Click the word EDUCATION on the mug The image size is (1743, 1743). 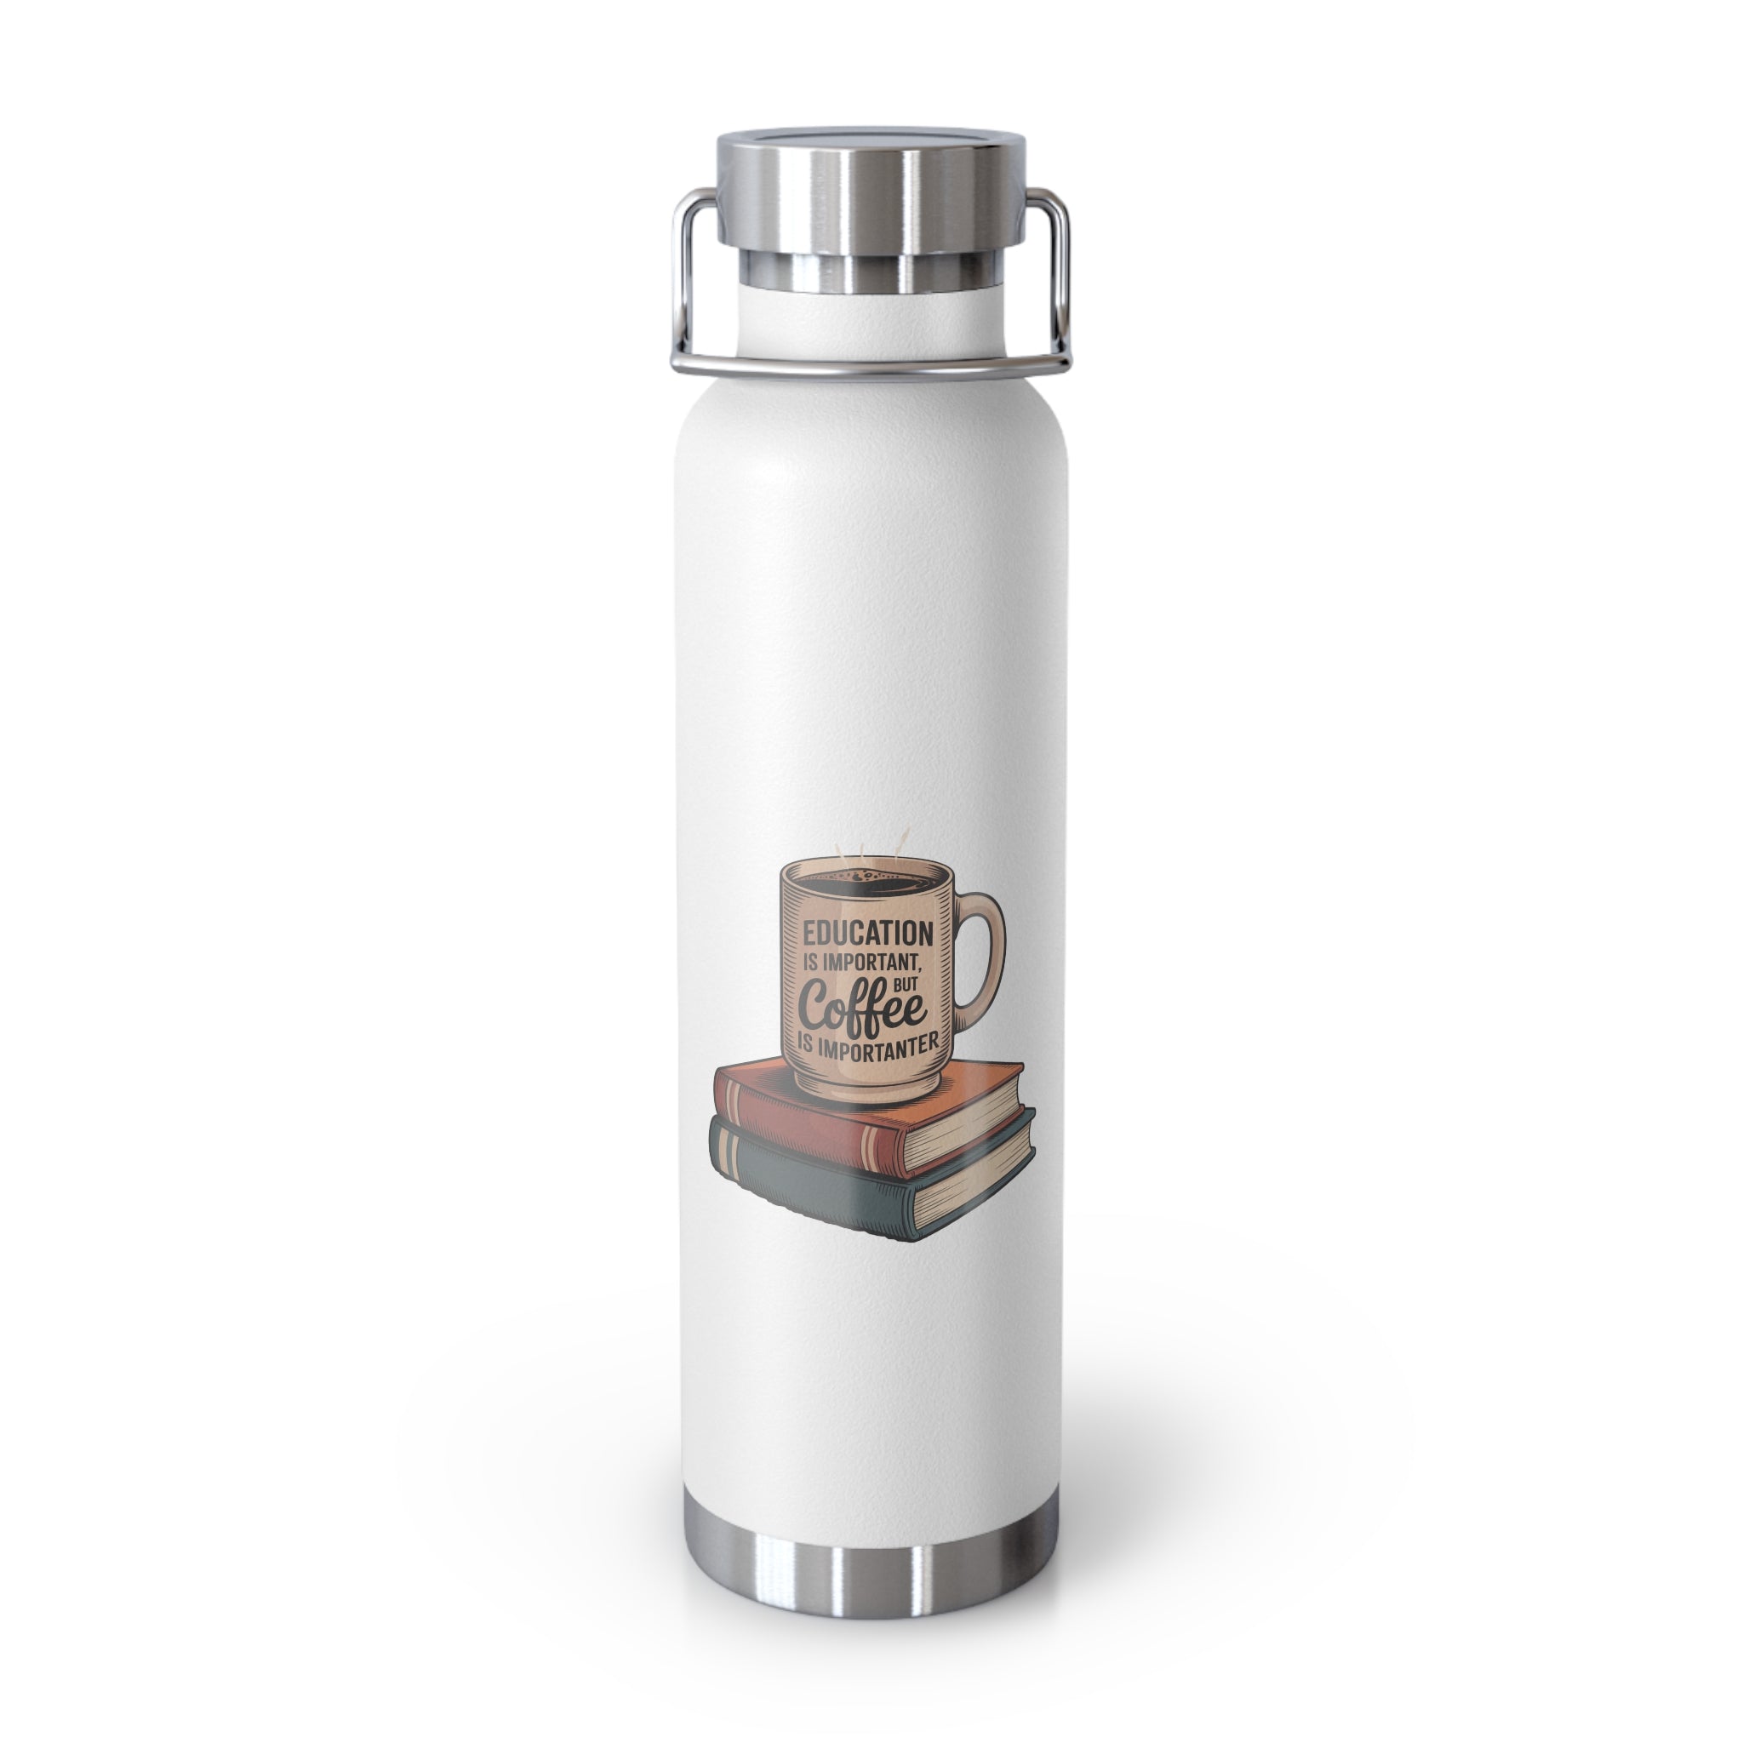868,932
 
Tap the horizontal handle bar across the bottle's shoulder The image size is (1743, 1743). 871,365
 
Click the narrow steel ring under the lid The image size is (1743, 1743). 871,269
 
